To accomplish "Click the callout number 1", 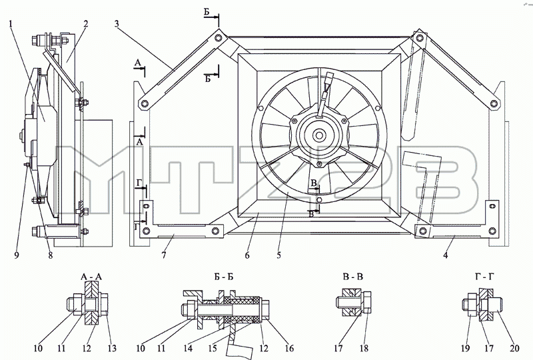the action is pos(11,23).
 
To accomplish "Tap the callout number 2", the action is pos(85,23).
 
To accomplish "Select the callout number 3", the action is pos(117,23).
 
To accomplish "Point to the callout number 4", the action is pos(446,255).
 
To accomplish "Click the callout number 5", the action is pos(278,255).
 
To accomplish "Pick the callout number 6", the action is pos(247,255).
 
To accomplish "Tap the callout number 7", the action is pos(164,255).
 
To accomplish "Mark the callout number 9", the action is pos(17,255).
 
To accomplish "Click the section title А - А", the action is pos(91,277).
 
